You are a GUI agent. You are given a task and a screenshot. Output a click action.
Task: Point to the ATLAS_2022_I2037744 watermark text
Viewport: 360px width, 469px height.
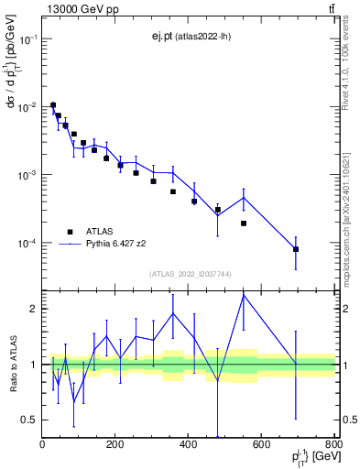pos(189,274)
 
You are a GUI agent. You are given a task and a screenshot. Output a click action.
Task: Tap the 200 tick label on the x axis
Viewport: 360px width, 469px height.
pos(115,445)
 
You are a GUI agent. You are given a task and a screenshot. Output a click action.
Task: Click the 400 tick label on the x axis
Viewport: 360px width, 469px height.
pos(189,445)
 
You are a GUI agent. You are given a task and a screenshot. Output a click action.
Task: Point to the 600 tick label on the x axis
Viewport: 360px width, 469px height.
pos(262,445)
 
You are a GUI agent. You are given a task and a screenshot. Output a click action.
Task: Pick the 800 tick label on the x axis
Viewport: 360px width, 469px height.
pos(333,445)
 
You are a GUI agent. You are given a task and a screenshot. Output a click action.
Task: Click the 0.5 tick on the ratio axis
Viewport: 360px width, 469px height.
pos(30,420)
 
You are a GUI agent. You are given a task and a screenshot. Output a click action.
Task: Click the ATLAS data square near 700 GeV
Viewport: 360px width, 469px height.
pos(296,249)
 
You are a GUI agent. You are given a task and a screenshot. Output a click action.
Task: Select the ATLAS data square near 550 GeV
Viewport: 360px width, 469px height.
pos(244,224)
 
